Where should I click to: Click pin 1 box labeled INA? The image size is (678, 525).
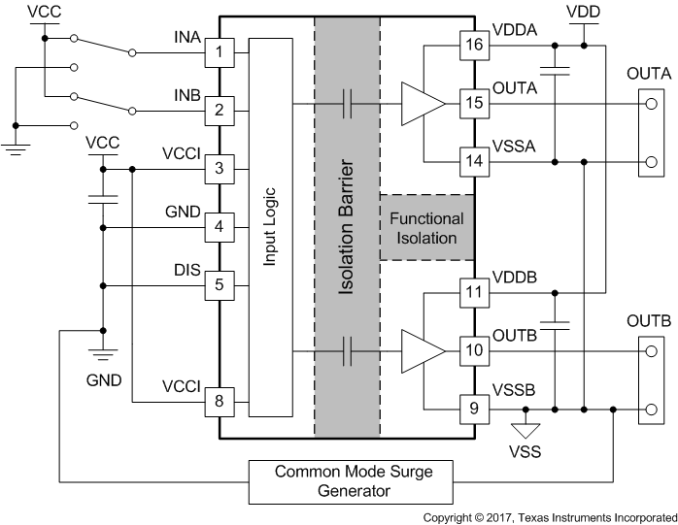[220, 50]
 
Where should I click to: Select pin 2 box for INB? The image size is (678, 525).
[220, 110]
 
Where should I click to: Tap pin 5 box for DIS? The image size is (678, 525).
[220, 285]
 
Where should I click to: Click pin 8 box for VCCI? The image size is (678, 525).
[220, 401]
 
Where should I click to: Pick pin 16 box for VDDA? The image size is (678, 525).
[473, 45]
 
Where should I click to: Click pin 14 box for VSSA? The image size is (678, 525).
[473, 161]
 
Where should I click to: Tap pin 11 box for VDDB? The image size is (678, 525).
[473, 291]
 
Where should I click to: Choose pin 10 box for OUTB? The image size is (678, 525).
[473, 349]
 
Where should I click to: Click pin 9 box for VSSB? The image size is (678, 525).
[473, 408]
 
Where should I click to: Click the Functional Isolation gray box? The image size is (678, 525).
[426, 228]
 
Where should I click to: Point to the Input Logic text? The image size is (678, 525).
[273, 226]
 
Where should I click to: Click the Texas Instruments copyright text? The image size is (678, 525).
[550, 517]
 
